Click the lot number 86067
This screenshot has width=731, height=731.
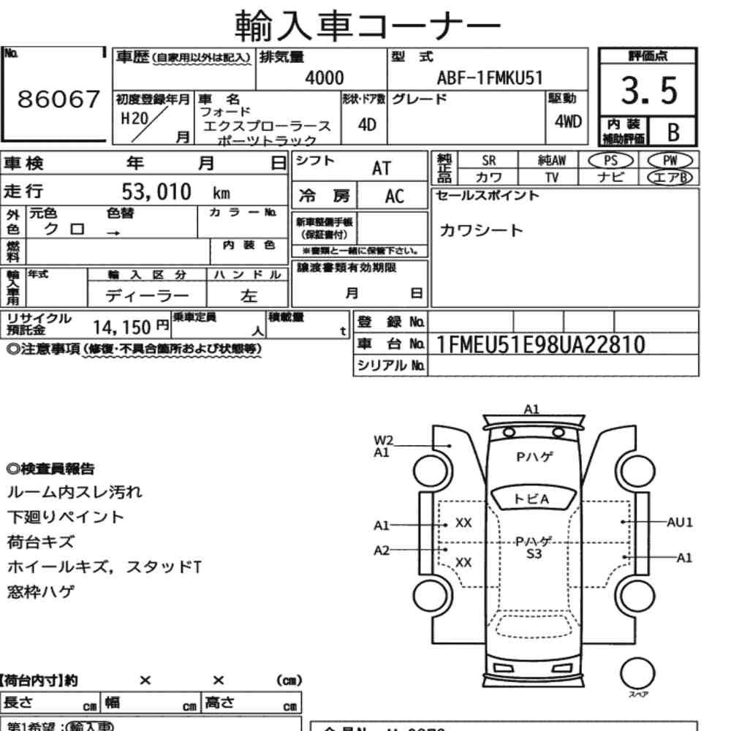(x=57, y=101)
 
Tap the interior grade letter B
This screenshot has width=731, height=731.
(x=673, y=132)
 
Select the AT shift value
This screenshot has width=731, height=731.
(x=382, y=168)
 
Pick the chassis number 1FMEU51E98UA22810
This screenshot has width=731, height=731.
(x=540, y=344)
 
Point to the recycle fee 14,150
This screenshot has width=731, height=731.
(x=121, y=326)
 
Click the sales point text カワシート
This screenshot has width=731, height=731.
(x=481, y=231)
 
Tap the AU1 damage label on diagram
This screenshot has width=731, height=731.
(x=679, y=522)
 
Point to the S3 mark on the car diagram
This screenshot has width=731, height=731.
(x=534, y=554)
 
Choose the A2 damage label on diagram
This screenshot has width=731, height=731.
(x=382, y=550)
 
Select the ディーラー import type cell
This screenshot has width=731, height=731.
(x=146, y=295)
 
